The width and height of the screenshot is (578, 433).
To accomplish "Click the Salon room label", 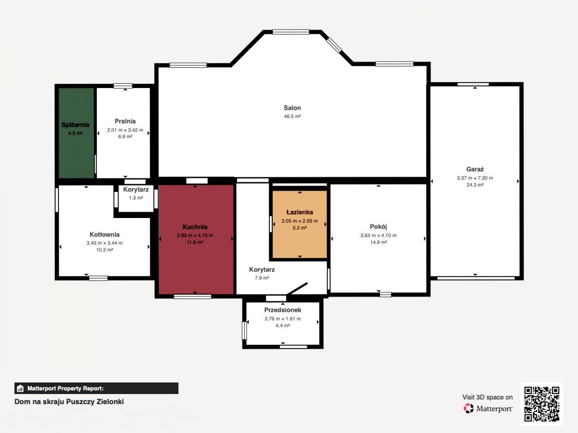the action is tap(292, 108).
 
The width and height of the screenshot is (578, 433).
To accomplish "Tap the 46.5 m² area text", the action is tap(292, 116).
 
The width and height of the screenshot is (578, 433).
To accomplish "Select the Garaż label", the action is tap(475, 169).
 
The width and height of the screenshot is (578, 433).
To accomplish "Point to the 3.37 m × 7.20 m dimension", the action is tap(475, 178).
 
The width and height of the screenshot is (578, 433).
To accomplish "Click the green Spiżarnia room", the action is tap(76, 133).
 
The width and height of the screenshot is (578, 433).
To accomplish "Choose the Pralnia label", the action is tap(125, 121).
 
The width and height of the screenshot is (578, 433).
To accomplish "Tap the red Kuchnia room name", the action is tap(195, 227).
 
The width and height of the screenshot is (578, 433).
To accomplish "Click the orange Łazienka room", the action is tap(300, 224).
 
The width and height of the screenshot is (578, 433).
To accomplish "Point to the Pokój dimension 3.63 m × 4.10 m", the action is tap(379, 235).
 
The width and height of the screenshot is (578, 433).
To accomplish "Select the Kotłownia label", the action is tap(105, 234).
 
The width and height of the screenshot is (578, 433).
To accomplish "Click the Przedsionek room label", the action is tap(283, 310).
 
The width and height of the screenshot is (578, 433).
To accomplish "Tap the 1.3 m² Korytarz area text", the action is tap(136, 198).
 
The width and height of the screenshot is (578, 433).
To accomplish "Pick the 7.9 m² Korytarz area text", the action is tap(262, 278).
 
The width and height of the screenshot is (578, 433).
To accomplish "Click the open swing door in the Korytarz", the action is tap(297, 289).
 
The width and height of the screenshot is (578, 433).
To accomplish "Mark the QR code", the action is tap(542, 404).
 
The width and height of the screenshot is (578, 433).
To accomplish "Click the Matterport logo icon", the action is tap(469, 408).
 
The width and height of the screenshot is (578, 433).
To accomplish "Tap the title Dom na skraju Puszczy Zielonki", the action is tap(69, 402).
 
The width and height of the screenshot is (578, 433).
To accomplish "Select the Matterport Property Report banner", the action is tap(96, 388).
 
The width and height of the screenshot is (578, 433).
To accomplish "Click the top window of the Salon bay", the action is tap(291, 32).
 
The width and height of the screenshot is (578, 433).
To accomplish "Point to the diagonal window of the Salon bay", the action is tap(334, 45).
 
